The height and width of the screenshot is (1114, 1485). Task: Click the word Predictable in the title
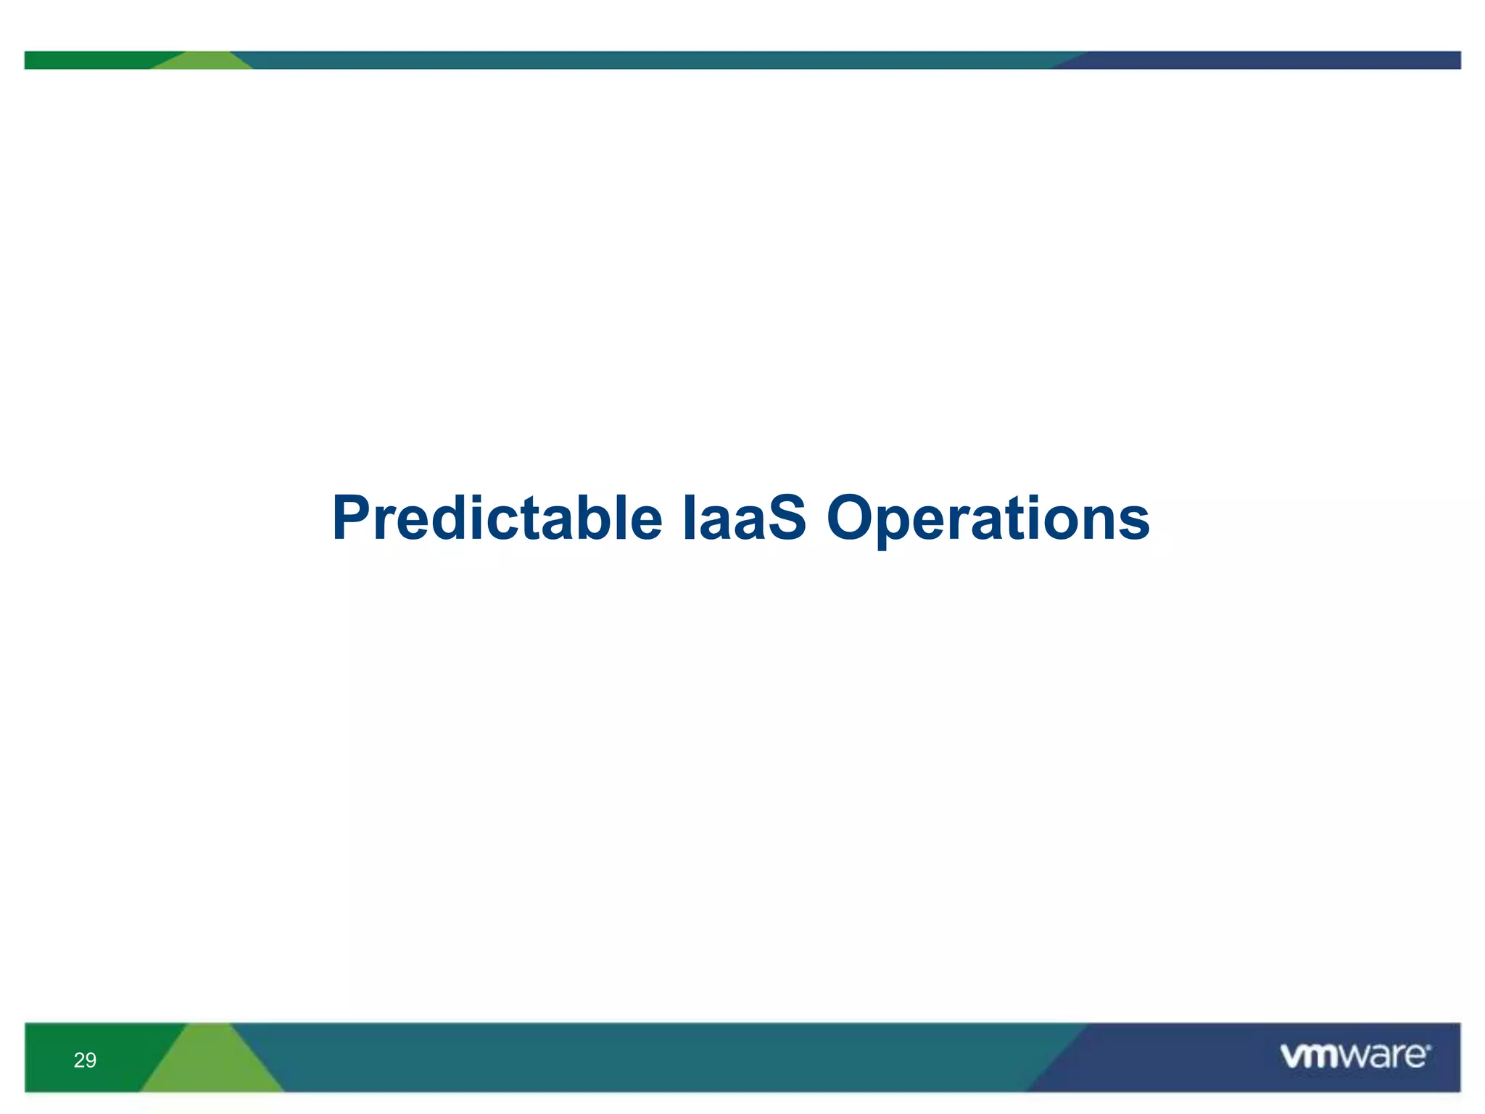[x=497, y=519]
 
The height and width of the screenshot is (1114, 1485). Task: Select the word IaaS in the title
[x=744, y=519]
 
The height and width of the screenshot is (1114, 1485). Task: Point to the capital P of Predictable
[x=352, y=518]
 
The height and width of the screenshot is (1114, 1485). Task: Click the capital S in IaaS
[x=786, y=518]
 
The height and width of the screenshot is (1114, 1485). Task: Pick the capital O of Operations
[x=853, y=518]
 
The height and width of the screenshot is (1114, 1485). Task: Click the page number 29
[x=85, y=1060]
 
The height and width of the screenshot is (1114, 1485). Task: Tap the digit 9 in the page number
[x=91, y=1060]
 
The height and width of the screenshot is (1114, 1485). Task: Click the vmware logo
[x=1354, y=1056]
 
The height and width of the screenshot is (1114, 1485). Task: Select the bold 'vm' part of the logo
[x=1308, y=1057]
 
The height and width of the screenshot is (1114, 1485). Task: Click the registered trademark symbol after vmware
[x=1428, y=1047]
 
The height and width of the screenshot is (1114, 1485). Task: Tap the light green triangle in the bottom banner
[x=210, y=1066]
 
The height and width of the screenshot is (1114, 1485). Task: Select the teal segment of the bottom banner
[x=653, y=1057]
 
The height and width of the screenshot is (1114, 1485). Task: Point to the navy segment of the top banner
[x=1269, y=59]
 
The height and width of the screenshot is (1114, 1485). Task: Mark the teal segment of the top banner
[x=653, y=59]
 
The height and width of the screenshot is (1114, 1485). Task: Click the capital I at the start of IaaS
[x=687, y=518]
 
